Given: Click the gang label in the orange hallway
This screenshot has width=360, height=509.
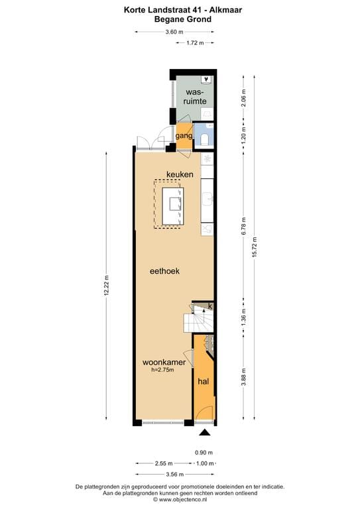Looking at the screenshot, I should coord(184,136).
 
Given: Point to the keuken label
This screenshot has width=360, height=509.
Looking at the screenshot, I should coord(180,174).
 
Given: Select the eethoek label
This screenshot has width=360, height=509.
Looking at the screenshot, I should coord(164,271).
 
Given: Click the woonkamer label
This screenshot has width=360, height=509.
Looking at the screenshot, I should coord(163,363).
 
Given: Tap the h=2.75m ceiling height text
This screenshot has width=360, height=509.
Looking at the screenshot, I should coord(162,370).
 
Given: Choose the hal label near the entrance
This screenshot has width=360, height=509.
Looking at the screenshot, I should coord(204,382).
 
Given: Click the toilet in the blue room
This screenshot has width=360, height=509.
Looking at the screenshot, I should coord(206,138).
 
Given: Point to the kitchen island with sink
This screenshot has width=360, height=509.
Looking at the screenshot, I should coord(176,203).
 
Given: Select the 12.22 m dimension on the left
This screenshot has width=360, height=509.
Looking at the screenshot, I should coord(107,286).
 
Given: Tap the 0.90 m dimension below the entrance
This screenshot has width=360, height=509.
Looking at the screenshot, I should coord(204,453).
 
